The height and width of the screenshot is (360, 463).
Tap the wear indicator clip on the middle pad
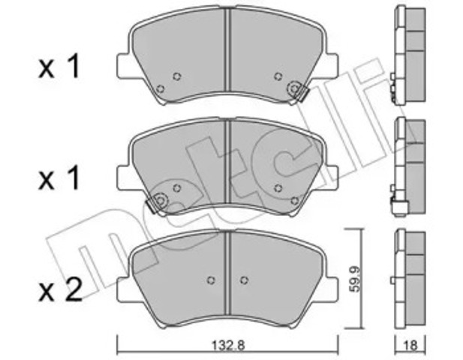(159, 200)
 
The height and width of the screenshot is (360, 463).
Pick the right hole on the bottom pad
(245, 280)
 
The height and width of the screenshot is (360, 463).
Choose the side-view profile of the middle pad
(404, 167)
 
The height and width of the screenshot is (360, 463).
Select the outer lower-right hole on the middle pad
(294, 199)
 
